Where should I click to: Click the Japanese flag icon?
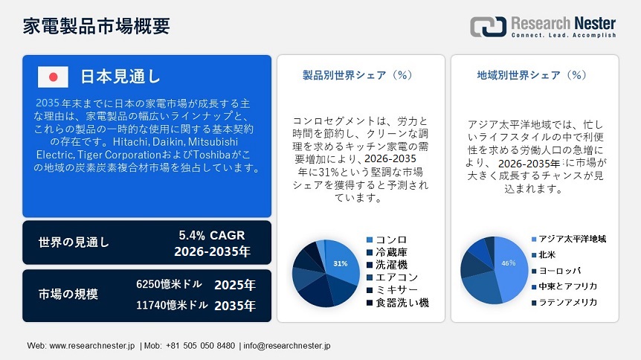pos(53,77)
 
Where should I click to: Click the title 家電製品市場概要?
pos(97,25)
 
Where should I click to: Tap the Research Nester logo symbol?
pos(488,26)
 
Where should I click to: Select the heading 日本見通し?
pos(120,77)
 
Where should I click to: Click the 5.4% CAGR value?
pos(212,235)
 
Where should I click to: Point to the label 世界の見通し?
pos(74,242)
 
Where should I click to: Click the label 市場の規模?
pos(68,294)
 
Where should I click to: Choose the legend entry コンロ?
pos(390,240)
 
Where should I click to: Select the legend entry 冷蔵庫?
pos(390,252)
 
